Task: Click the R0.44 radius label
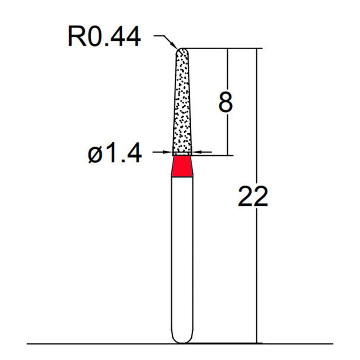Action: point(104,37)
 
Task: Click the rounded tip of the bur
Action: point(182,51)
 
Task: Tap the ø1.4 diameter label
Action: point(115,154)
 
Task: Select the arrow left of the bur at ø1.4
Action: point(168,153)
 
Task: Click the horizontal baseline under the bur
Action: point(90,344)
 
